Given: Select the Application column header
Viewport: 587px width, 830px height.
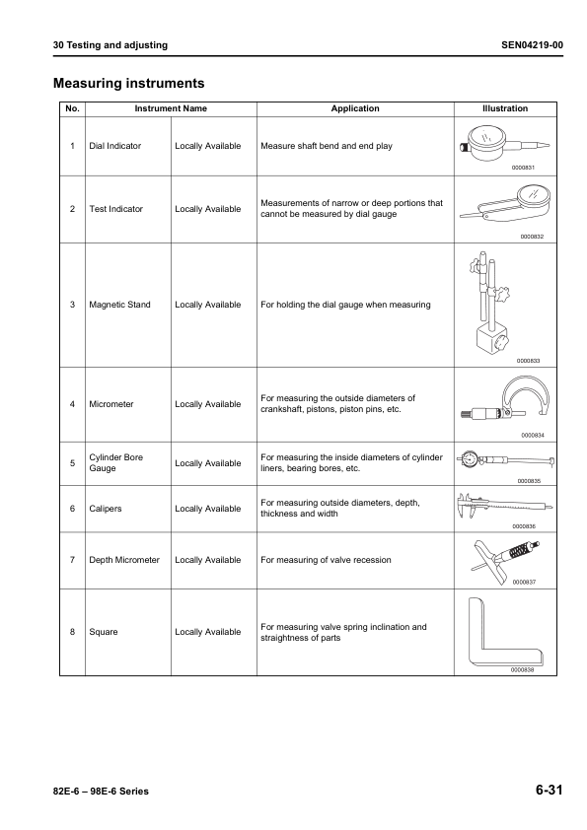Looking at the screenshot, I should (354, 108).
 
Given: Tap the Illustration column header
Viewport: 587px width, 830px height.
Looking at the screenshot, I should (504, 108).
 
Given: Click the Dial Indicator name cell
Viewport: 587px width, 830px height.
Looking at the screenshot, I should (114, 146).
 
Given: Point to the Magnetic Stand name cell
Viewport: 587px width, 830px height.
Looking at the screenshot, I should (119, 305).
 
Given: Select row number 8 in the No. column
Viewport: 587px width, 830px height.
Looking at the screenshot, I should (72, 632).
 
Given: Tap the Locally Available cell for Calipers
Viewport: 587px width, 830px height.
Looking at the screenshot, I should (207, 509).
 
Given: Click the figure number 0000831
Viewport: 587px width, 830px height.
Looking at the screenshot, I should (523, 169).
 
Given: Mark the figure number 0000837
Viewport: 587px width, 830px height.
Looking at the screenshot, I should (523, 582).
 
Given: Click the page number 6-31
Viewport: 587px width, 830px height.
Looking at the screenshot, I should (550, 791).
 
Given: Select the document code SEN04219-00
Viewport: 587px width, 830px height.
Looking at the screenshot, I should (533, 45).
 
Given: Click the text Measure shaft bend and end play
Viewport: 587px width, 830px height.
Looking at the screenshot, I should (326, 146).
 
